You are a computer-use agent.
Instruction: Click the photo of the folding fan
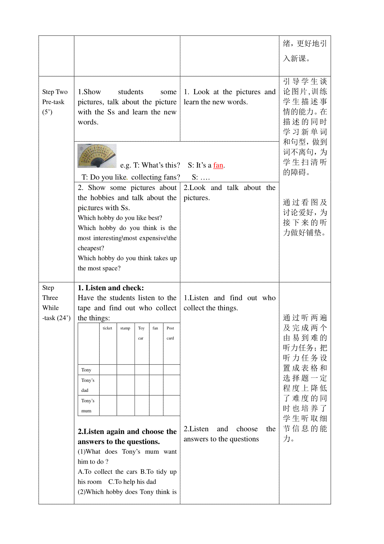coord(97,156)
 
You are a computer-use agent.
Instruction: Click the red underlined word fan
coord(218,165)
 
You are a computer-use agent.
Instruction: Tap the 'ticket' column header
coord(108,328)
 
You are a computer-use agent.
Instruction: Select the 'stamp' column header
coord(125,328)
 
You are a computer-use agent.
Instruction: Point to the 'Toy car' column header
coord(141,333)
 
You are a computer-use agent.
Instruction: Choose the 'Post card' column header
coord(170,333)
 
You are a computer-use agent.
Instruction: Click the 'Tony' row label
coord(86,370)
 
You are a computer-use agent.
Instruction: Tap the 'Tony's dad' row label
coord(88,385)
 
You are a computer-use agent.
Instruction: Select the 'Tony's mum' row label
coord(88,406)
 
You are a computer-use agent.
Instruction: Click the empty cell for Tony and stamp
coord(125,370)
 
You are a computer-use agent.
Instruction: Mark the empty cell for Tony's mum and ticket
coord(108,406)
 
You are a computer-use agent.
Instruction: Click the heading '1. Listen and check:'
coord(111,288)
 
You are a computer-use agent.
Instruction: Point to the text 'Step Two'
coord(55,92)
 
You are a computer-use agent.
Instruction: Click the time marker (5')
coord(47,112)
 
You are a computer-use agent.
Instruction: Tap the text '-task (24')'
coord(56,318)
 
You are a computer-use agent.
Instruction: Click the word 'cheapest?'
coord(91,248)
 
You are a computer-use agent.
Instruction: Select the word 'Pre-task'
coord(53,102)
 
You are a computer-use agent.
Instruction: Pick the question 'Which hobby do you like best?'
coord(120,218)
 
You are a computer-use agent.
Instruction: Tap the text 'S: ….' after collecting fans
coord(201,177)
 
